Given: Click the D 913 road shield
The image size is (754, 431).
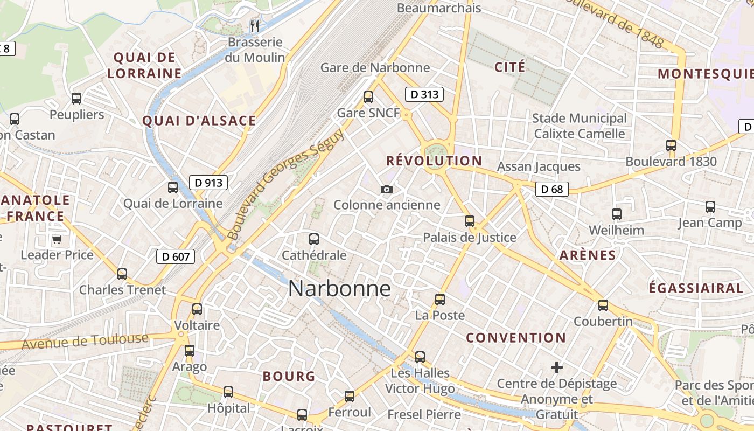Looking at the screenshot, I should point(208,183).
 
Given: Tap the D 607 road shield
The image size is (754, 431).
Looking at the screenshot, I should point(176,256).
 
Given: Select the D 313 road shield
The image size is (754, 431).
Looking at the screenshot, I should point(424,95).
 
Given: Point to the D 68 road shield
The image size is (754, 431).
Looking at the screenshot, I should point(552,189).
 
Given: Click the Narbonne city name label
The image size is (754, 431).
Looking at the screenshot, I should point(339,289).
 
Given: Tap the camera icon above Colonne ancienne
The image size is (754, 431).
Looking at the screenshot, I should point(386,189).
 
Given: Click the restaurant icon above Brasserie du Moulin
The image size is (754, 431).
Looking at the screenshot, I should point(255,25).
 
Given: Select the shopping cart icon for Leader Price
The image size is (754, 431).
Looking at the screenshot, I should point(57,239).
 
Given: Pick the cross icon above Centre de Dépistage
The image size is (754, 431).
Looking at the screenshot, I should point(557,367).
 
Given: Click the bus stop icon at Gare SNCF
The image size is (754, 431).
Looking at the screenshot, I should point(368,97).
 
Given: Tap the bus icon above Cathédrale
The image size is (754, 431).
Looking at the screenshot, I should point(314,239).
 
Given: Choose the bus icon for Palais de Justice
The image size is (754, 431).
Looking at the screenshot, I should point(470,221).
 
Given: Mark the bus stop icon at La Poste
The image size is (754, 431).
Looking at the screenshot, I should point(440,300).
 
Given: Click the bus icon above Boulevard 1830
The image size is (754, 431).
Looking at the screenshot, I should point(671,145).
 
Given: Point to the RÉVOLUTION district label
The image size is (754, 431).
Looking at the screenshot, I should point(434,161).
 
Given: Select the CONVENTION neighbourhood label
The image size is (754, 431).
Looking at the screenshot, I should point(516,338).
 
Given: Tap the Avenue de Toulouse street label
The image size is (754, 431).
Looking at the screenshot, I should point(85,341).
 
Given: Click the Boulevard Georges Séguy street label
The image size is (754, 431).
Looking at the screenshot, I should point(285,185).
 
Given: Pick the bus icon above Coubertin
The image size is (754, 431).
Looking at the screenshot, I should point(603,305).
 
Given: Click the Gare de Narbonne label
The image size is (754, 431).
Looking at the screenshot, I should point(375,67).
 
